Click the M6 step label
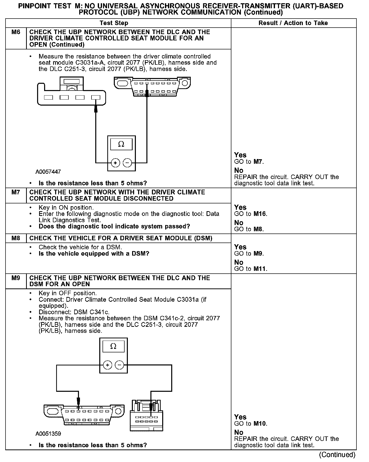point(16,32)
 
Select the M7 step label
point(16,192)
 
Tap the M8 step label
point(16,238)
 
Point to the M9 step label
point(16,278)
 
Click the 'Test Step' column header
point(114,23)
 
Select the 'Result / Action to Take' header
point(293,23)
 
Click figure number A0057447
point(48,172)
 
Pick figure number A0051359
point(48,434)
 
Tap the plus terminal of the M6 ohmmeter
point(115,163)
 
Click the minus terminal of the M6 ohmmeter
point(127,163)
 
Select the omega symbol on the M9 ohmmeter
point(113,346)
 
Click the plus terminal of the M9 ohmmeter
point(107,365)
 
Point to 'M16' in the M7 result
point(260,214)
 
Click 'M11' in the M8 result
point(260,269)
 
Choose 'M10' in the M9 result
point(260,424)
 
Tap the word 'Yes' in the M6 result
point(240,155)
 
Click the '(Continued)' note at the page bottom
point(337,454)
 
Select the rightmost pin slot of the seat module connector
point(96,97)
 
